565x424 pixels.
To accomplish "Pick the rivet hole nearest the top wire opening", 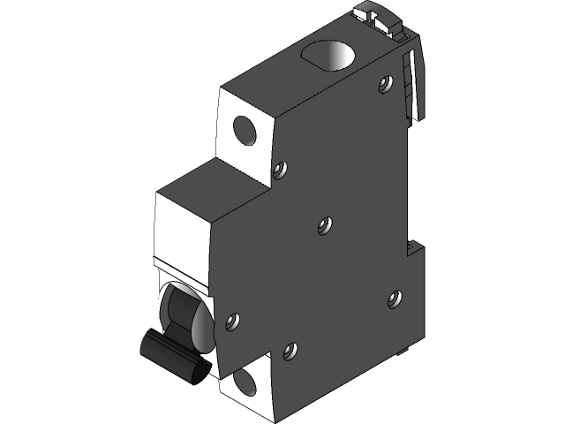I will click(384, 85).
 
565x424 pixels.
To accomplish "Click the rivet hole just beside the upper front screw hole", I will click(280, 168).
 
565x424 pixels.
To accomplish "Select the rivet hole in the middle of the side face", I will click(324, 226).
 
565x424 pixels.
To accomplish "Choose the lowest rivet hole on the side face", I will click(290, 352).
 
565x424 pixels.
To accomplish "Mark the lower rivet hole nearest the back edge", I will click(394, 299).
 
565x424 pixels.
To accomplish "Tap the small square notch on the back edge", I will click(412, 247).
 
